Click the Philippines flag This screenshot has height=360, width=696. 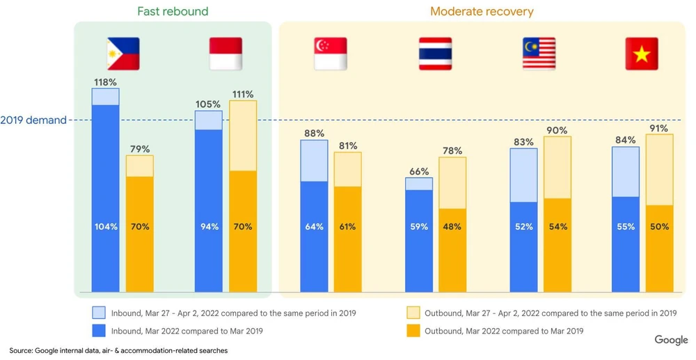click(122, 54)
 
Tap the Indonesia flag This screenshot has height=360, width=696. click(226, 54)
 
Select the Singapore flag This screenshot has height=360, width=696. click(331, 54)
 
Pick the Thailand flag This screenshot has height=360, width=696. click(435, 54)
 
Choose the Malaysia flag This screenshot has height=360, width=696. click(539, 54)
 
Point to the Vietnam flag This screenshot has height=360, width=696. click(642, 54)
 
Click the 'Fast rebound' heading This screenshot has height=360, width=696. click(173, 11)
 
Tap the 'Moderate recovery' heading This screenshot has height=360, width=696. click(482, 11)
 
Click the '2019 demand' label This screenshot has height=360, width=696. click(33, 120)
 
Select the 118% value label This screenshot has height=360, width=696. click(105, 82)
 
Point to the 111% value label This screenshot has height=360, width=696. click(243, 94)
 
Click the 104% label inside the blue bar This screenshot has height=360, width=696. click(106, 226)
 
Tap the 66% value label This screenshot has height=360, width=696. click(419, 171)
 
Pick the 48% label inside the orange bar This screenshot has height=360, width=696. click(452, 226)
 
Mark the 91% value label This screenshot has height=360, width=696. click(659, 128)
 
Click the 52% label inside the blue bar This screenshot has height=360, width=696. click(523, 226)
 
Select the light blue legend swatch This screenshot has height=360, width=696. click(100, 313)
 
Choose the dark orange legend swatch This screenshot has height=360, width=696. click(413, 331)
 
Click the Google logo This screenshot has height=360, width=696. click(671, 340)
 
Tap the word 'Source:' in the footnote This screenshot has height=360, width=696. click(21, 351)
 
